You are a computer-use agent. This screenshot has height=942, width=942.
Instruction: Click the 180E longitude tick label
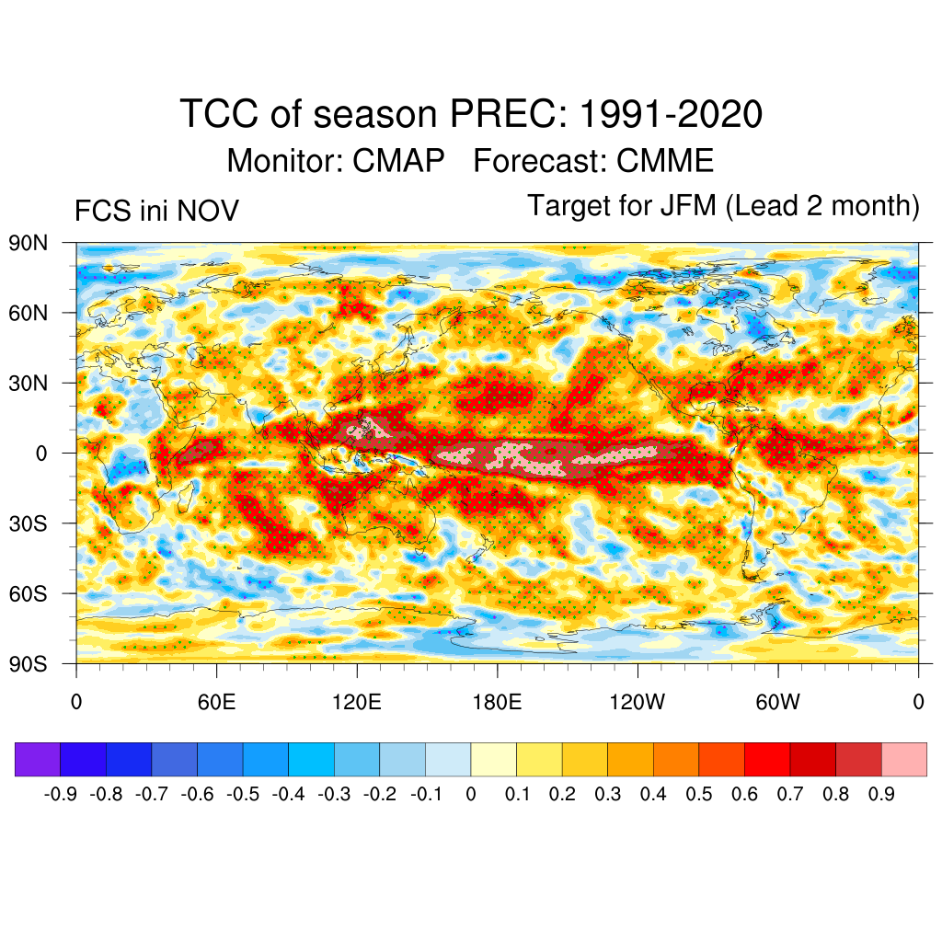tap(497, 703)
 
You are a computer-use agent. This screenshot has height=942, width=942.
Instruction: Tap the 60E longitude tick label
tap(216, 703)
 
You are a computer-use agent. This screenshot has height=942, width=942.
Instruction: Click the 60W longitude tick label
tap(778, 703)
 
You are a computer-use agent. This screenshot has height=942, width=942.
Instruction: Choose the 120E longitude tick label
tap(357, 703)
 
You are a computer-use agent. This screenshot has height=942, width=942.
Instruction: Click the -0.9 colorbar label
tap(61, 794)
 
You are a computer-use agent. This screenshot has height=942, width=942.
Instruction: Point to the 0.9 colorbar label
tap(881, 794)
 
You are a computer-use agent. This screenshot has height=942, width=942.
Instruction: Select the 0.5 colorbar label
tap(699, 794)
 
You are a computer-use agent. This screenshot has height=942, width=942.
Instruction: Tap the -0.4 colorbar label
tap(289, 794)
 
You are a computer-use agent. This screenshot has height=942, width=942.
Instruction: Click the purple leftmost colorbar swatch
tap(38, 760)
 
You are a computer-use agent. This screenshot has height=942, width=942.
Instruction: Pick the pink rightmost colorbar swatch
tap(903, 760)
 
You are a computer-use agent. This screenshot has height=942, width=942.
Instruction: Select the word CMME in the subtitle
tap(665, 161)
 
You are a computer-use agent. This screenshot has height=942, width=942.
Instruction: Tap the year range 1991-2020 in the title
tap(672, 115)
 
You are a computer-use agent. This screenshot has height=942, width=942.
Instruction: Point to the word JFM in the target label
tap(688, 206)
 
